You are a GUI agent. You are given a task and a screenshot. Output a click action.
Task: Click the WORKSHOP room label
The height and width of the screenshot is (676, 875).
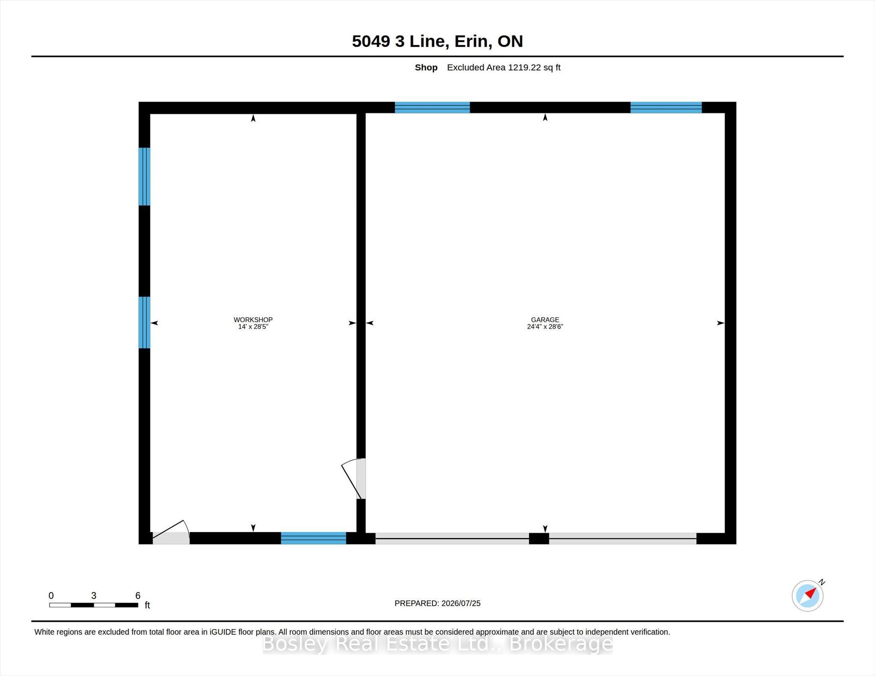click(253, 319)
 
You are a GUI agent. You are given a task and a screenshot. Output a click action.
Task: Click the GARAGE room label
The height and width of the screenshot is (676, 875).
click(545, 319)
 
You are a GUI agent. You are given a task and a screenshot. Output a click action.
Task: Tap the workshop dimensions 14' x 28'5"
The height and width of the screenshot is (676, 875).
click(253, 327)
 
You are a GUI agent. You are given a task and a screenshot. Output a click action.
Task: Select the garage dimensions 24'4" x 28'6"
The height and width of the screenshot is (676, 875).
click(545, 327)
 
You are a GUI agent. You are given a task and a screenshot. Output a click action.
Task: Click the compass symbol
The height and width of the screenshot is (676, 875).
click(807, 595)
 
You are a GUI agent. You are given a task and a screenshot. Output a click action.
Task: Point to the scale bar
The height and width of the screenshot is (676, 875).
click(94, 605)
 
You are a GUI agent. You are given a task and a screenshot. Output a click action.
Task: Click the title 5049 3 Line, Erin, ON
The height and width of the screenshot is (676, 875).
click(437, 41)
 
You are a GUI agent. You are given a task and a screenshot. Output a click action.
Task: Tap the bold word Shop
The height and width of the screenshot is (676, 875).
click(426, 67)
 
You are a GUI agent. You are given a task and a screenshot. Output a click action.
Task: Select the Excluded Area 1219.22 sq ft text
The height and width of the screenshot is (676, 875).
click(504, 67)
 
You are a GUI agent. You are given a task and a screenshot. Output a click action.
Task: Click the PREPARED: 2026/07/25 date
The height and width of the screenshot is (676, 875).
click(437, 603)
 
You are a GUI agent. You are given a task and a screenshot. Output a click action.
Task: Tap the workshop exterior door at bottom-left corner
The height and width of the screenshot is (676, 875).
click(171, 533)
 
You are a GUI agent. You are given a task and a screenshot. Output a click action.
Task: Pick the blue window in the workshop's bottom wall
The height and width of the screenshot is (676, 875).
click(313, 538)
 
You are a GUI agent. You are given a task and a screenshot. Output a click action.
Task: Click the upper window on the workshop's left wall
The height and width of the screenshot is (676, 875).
click(144, 176)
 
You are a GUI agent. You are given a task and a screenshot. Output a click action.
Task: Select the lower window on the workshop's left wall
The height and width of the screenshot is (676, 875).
click(144, 322)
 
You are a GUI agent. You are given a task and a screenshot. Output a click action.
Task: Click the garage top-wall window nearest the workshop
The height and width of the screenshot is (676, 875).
click(432, 107)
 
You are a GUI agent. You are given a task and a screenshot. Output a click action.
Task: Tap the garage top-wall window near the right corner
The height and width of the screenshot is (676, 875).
click(666, 107)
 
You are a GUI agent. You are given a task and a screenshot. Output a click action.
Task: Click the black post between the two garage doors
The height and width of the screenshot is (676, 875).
click(539, 538)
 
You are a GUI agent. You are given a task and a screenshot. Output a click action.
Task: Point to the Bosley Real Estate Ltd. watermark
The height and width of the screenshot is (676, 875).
click(437, 644)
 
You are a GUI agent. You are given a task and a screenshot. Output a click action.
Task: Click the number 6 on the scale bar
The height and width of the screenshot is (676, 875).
click(138, 595)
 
